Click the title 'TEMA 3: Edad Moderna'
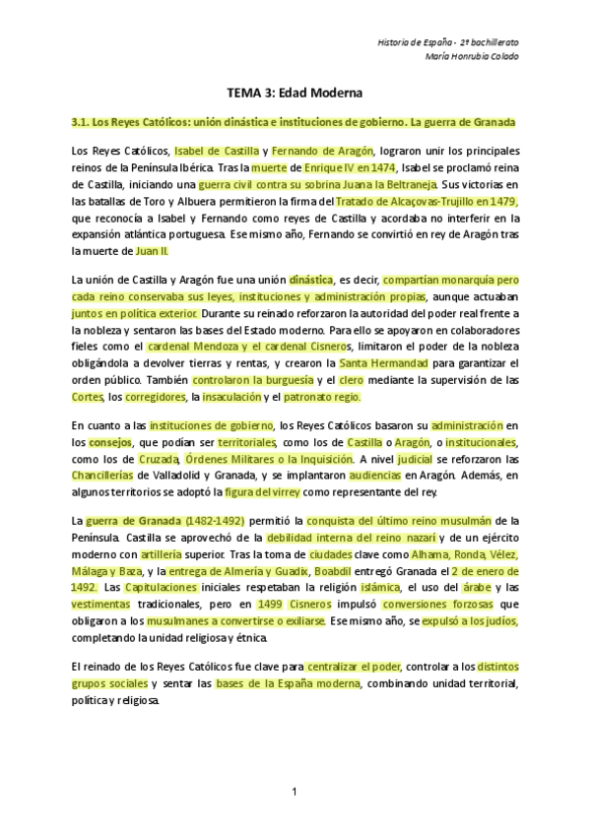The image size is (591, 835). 295,93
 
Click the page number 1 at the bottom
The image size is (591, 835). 294,792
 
